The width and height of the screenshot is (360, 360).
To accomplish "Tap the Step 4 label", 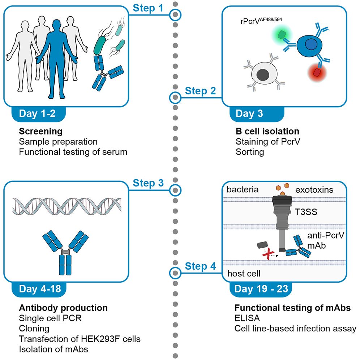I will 201,267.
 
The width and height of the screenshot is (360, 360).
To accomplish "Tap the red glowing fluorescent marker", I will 317,73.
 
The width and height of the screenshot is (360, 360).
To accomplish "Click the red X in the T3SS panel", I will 267,255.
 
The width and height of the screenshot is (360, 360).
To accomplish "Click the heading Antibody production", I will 63,308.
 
